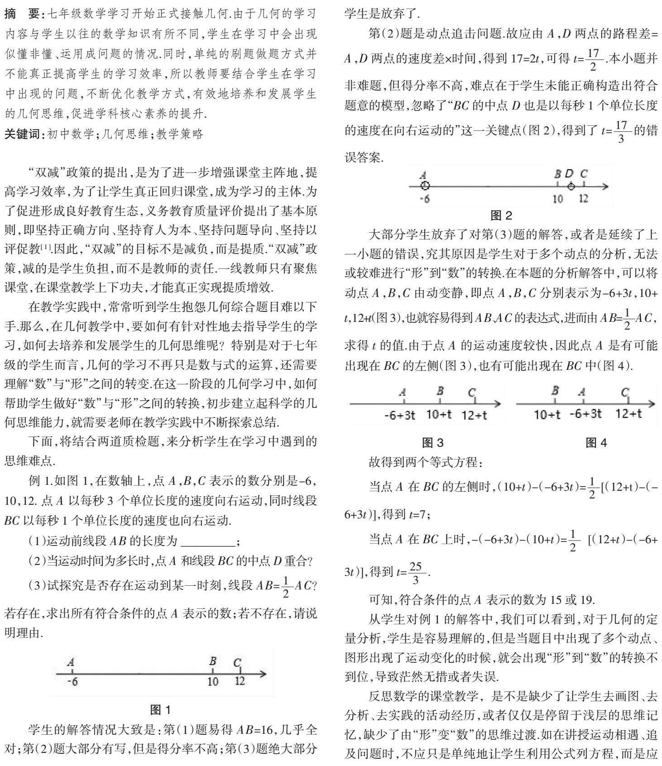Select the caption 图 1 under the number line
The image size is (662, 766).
pos(160,709)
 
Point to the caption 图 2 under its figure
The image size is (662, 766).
pos(501,214)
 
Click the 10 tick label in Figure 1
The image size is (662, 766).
pos(213,681)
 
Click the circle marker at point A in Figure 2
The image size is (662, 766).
pos(424,186)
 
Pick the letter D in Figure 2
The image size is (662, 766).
pos(569,173)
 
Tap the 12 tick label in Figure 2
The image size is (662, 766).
pos(584,198)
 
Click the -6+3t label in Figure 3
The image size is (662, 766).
pos(399,415)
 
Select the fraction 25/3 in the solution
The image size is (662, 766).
pos(415,573)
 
